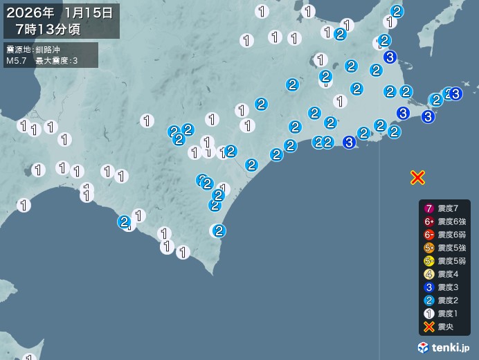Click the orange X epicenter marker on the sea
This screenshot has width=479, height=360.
417,177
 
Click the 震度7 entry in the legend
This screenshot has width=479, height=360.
444,208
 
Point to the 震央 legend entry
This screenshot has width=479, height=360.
442,327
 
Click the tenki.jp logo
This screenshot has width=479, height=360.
444,347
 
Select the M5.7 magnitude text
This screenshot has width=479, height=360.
17,61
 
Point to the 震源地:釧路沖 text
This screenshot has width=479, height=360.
33,50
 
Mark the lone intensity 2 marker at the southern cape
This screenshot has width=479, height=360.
219,231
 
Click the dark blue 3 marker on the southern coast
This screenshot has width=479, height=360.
349,142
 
